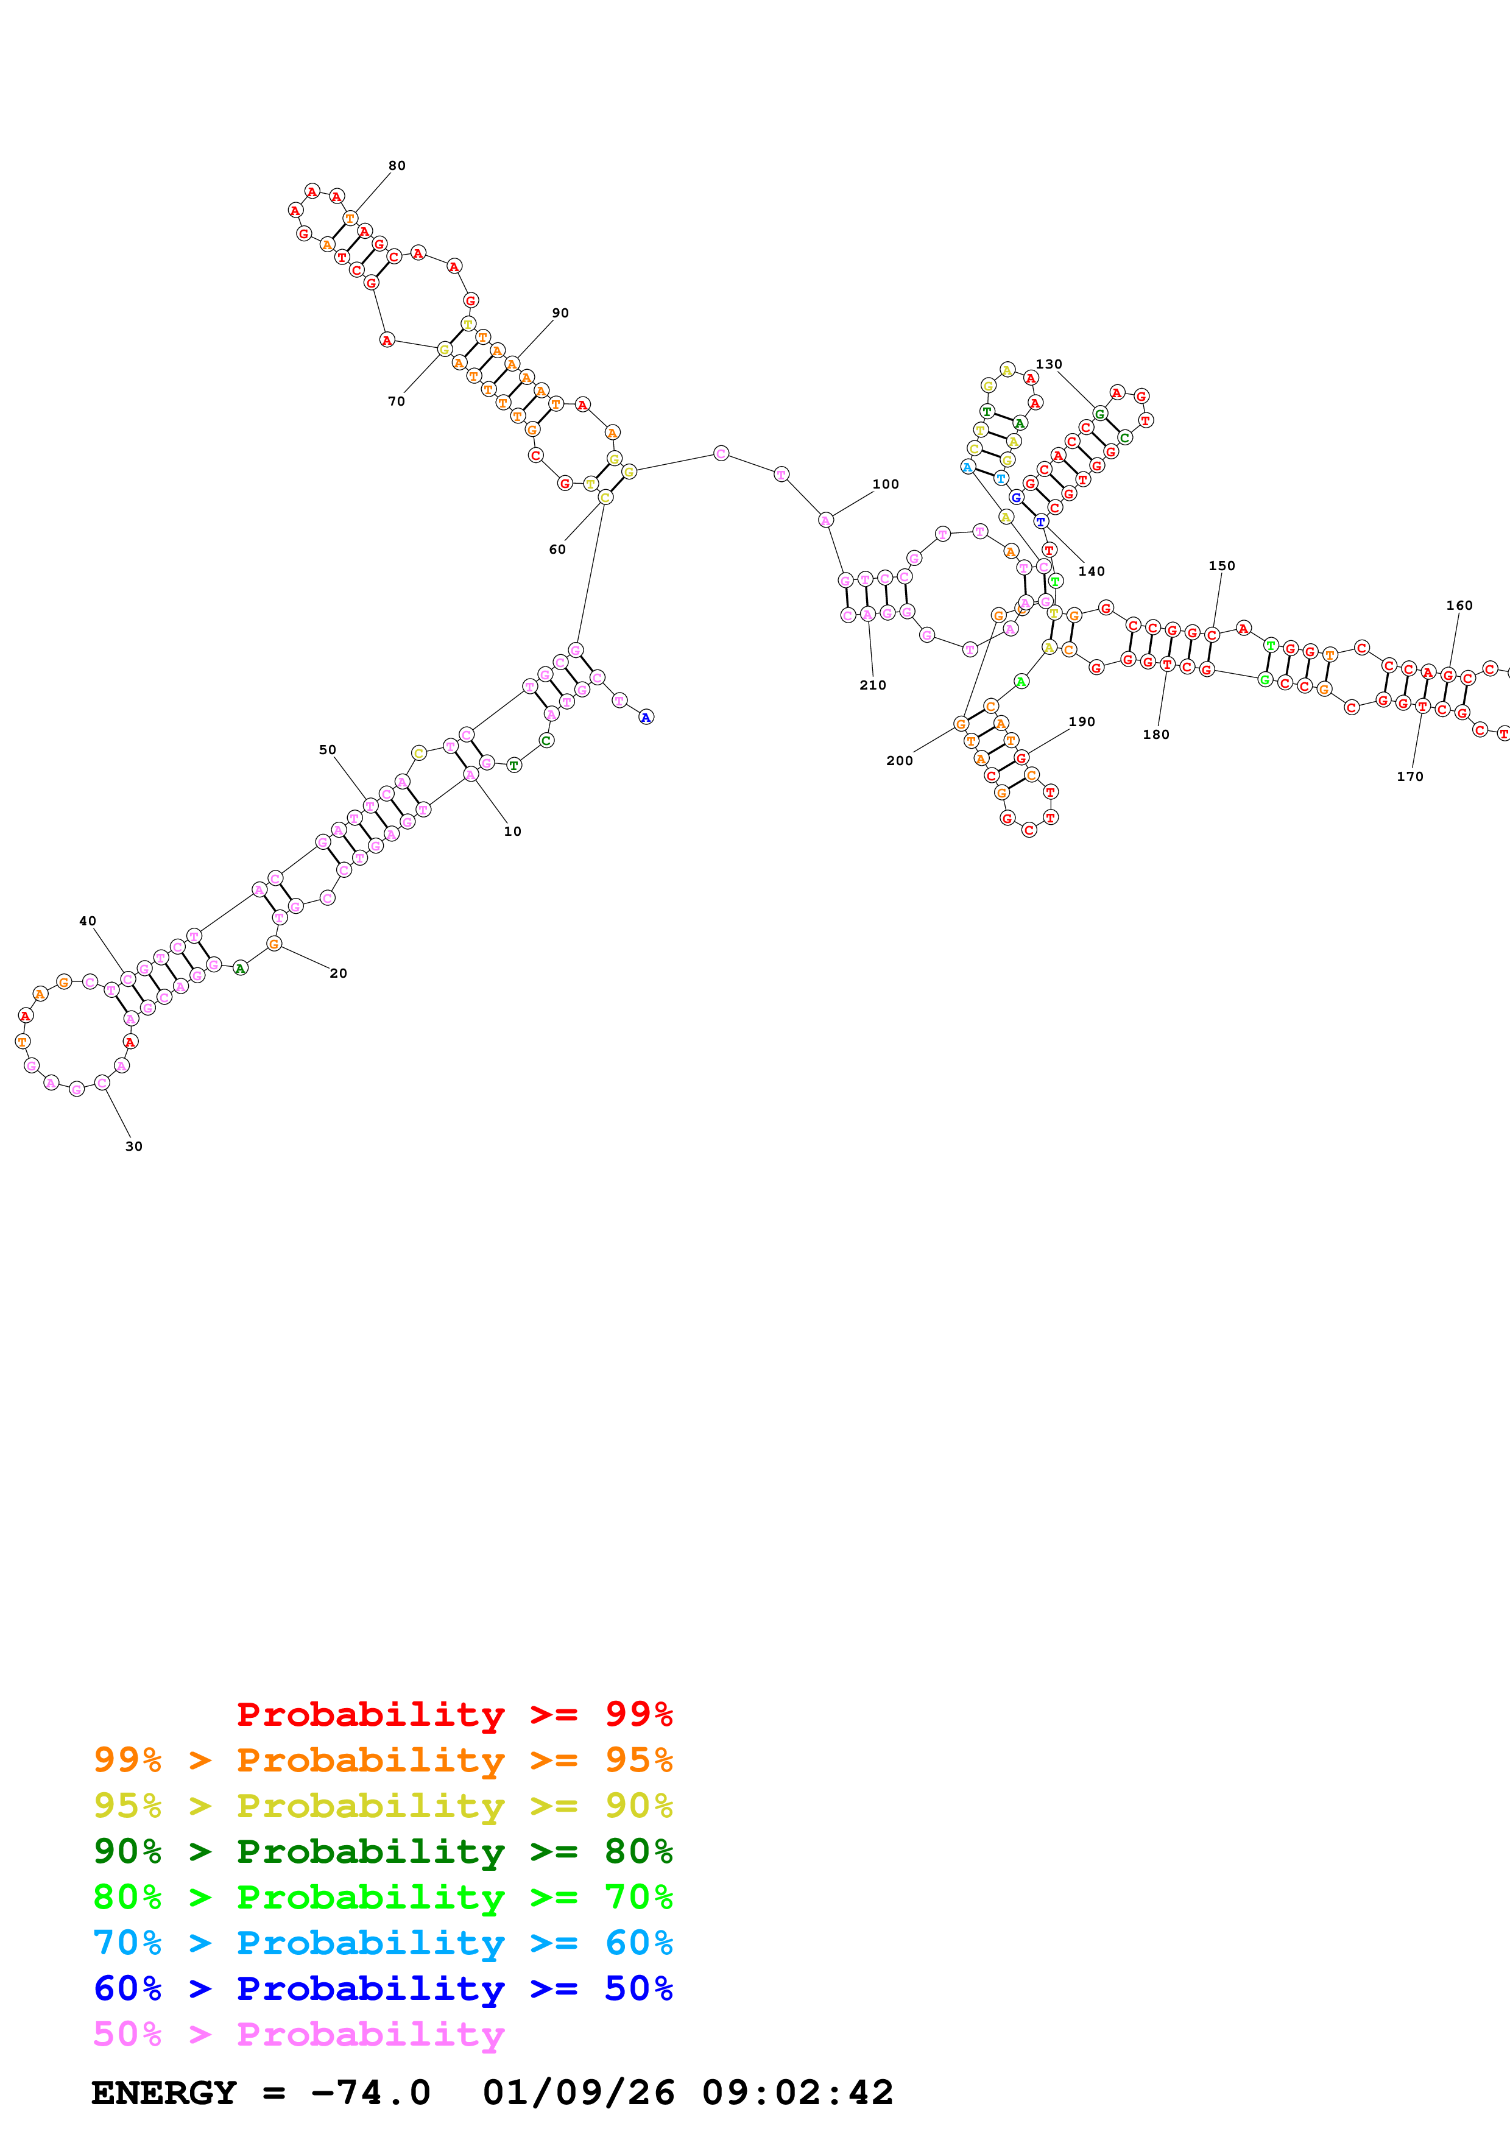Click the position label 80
(x=397, y=166)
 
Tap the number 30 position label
(x=134, y=1146)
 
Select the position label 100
(x=885, y=484)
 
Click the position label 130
(x=1048, y=364)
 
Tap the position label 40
(x=88, y=922)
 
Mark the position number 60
(x=557, y=549)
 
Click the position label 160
(x=1459, y=605)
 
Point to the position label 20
(x=339, y=973)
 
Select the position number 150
(x=1222, y=566)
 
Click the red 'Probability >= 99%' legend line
(x=454, y=1714)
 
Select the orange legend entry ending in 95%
(x=383, y=1760)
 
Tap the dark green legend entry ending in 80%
(x=383, y=1851)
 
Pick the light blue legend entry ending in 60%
(x=383, y=1943)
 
